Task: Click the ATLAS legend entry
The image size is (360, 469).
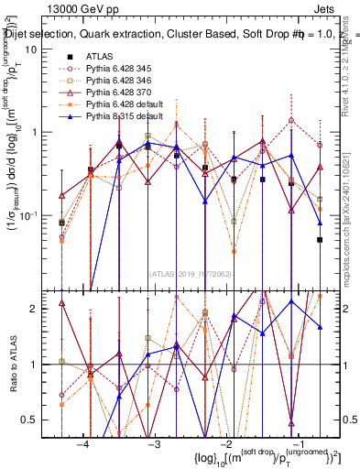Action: tap(100, 56)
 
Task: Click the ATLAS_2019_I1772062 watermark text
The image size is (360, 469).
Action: tap(190, 272)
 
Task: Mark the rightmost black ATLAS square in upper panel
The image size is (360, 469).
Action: tap(320, 240)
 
